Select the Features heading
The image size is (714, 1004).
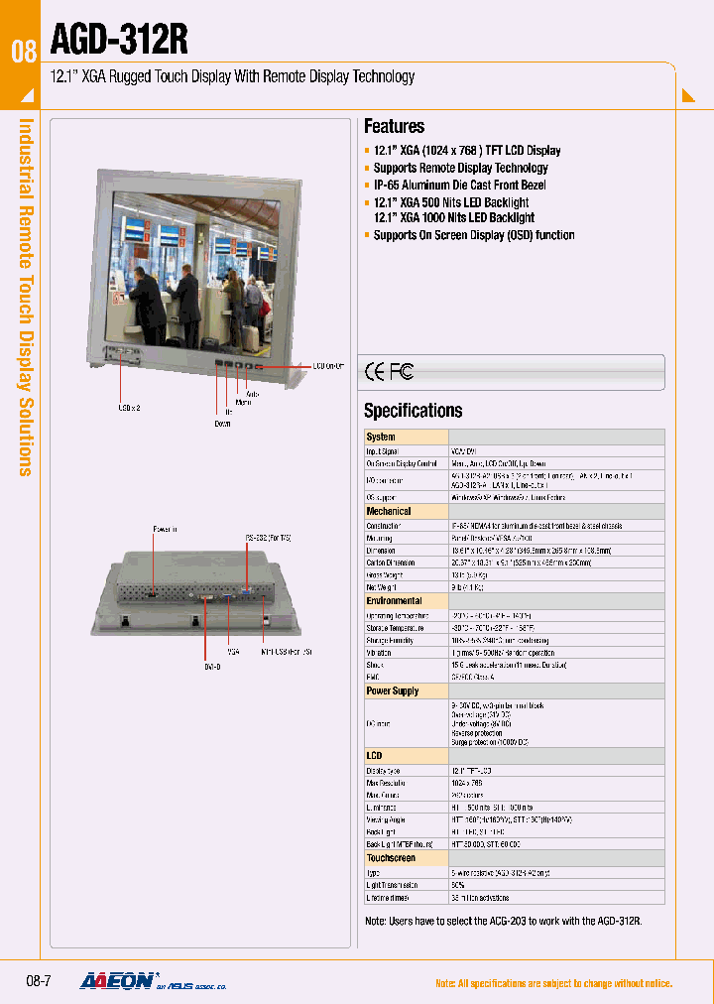tap(394, 126)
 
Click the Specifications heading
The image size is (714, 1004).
tap(413, 411)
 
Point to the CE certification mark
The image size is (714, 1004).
tap(376, 372)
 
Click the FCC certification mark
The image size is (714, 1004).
tap(402, 372)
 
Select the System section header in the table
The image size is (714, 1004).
tap(381, 437)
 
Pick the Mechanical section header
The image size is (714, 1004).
tap(389, 511)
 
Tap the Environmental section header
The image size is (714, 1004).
tap(394, 601)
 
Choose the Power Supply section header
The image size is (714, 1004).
tap(393, 690)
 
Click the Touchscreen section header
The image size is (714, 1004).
tap(391, 858)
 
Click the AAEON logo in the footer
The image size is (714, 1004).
tap(117, 981)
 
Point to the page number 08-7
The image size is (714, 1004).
tap(39, 981)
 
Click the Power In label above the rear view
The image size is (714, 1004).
tap(166, 529)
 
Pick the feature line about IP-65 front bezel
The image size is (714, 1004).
tap(459, 186)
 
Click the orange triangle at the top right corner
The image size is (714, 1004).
tap(689, 96)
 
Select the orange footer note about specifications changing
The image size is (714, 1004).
tap(553, 983)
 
